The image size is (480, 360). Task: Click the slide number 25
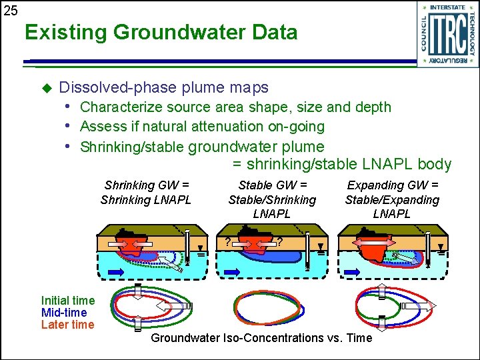[10, 11]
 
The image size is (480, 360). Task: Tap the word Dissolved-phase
[107, 87]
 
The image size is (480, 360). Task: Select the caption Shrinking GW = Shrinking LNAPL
[146, 193]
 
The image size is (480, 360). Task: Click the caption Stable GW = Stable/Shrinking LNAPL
[272, 199]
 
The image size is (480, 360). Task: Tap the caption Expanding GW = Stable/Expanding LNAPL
[392, 199]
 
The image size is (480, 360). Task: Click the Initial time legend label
[68, 301]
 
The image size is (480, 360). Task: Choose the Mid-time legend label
[64, 313]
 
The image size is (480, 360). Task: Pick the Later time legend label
[68, 325]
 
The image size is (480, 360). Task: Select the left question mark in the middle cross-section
[228, 241]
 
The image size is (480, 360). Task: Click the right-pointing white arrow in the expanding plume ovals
[429, 306]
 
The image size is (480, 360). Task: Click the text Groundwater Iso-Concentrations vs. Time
[261, 338]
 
